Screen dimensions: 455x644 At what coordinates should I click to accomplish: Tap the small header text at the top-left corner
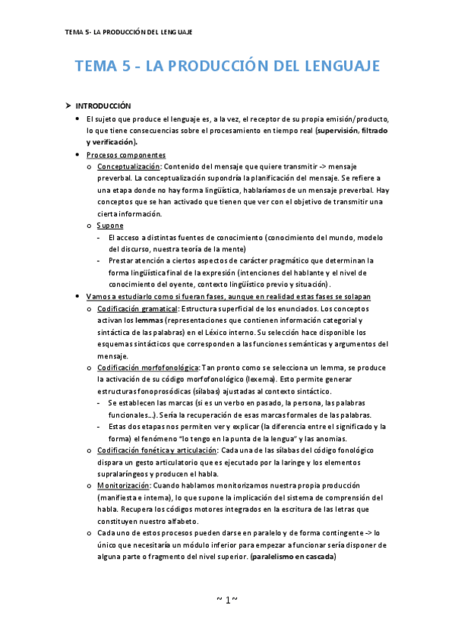(128, 32)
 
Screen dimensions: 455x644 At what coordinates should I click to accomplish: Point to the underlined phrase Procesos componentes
(126, 154)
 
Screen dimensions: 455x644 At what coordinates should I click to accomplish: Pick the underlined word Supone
(111, 226)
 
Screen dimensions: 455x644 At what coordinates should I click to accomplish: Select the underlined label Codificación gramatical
(137, 309)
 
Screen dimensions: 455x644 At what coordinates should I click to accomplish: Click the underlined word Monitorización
(124, 485)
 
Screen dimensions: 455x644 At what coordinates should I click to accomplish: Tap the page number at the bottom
(226, 601)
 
